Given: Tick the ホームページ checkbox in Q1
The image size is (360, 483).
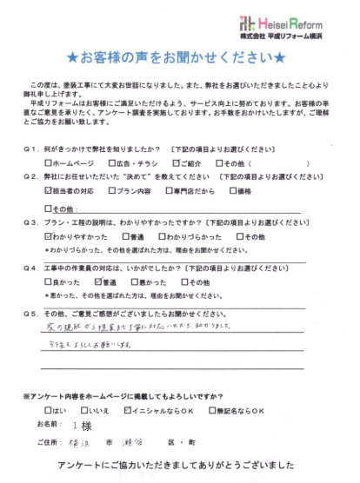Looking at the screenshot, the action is (x=48, y=162).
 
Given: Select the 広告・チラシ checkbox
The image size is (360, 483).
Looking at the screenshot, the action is (x=112, y=162).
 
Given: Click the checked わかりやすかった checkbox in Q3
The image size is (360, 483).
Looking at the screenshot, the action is (x=48, y=236).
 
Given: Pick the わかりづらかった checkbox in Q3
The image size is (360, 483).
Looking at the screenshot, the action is (x=161, y=236).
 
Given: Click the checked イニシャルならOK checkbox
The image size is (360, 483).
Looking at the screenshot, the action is (x=129, y=408).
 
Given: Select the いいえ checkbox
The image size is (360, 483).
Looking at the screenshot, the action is (x=84, y=408).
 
